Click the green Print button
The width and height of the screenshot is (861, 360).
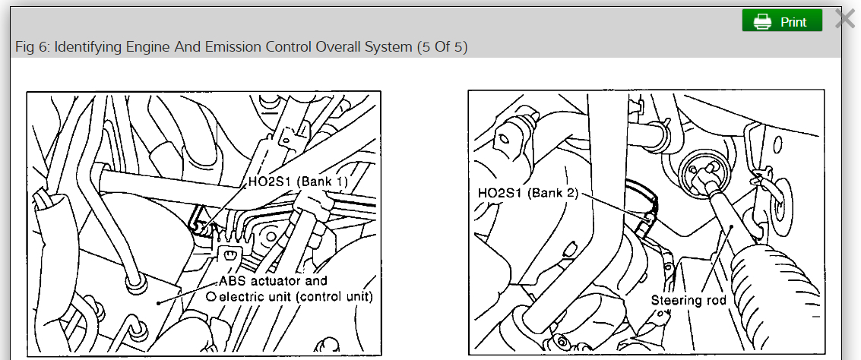click(x=782, y=21)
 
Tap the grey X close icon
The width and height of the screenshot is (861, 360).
click(x=845, y=19)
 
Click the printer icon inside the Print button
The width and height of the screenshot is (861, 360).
click(x=762, y=22)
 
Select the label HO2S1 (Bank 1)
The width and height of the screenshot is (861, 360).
click(x=298, y=183)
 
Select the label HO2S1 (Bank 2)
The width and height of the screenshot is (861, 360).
click(x=528, y=193)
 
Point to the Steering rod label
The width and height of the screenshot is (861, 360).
click(x=688, y=300)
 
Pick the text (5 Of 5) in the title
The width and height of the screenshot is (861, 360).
click(x=442, y=47)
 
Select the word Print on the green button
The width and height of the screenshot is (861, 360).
click(x=793, y=22)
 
